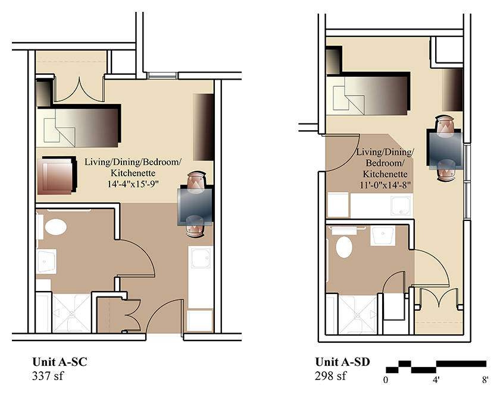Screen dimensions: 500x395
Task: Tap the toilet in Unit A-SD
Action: coord(344,247)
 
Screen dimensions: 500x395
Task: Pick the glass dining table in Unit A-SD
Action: coord(445,150)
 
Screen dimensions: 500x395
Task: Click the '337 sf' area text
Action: coord(48,376)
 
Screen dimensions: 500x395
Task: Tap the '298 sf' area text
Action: coord(330,376)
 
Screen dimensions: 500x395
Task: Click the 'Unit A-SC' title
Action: coord(60,362)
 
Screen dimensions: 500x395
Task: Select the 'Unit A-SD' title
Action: coord(342,362)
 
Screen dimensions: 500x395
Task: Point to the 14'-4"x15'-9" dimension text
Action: coord(133,184)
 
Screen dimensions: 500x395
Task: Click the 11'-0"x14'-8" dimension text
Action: coord(385,185)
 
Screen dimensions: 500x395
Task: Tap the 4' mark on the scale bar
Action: coord(436,380)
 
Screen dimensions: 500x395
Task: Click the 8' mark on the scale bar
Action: coord(485,380)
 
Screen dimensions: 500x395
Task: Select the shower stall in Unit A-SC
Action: coord(72,314)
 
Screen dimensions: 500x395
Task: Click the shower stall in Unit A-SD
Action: coord(358,314)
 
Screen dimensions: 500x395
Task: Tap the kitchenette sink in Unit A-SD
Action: coord(401,206)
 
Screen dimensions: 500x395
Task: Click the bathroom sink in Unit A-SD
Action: coord(383,235)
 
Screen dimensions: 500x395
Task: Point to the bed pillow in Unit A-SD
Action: coord(348,99)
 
